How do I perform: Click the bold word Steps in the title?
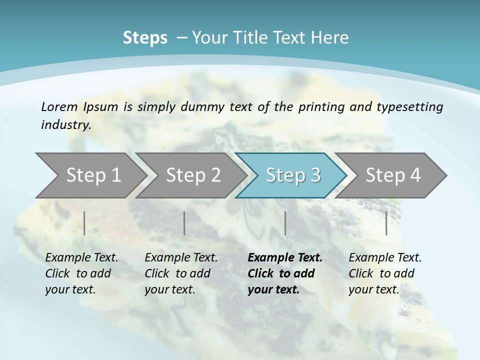tap(145, 38)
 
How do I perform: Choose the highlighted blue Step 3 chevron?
tap(293, 175)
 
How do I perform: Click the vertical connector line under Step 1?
tap(84, 223)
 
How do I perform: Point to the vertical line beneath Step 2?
tap(184, 223)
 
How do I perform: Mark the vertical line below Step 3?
tap(285, 223)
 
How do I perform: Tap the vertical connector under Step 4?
tap(386, 223)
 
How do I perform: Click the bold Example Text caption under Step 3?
tap(285, 273)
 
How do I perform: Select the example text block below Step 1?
tap(81, 273)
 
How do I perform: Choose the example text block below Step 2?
tap(181, 273)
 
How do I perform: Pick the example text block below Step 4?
tap(385, 273)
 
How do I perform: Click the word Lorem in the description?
tap(58, 106)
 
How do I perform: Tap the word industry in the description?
tap(66, 125)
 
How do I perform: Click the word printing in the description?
tap(319, 107)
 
